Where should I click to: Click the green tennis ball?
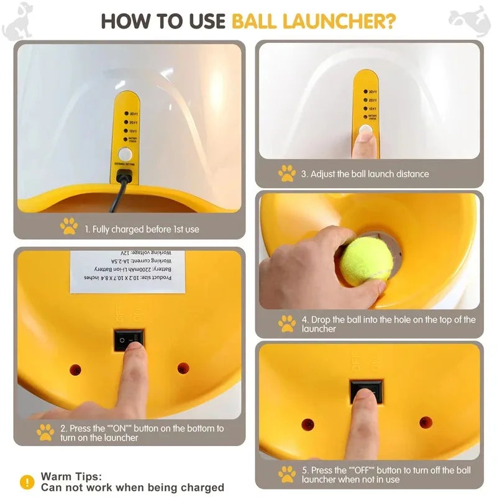tap(367, 261)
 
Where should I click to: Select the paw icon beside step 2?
tap(45, 432)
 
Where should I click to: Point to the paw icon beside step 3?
tap(286, 173)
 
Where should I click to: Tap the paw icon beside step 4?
tap(286, 323)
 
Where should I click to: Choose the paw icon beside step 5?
tap(286, 474)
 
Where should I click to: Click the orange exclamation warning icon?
tap(27, 481)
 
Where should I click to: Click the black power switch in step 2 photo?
tap(129, 339)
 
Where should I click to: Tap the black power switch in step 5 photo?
tap(366, 390)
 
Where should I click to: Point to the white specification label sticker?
tap(127, 271)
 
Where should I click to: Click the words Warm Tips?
tap(71, 476)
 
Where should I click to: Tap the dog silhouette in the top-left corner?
tap(17, 20)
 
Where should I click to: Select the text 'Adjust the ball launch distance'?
tap(365, 174)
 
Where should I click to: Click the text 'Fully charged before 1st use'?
tap(142, 229)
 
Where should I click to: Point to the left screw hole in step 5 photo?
tap(308, 424)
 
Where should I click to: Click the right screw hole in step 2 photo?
tap(183, 368)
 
